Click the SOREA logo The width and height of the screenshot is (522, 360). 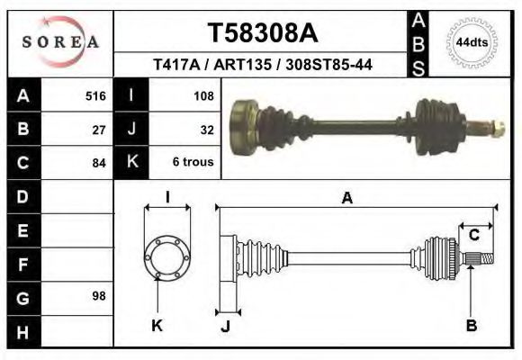click(x=60, y=41)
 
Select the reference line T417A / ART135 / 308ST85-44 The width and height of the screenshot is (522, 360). click(x=263, y=65)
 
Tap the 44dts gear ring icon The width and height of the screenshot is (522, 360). click(x=472, y=42)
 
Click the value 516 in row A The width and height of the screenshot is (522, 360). click(x=95, y=95)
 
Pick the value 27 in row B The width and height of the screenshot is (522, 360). click(x=99, y=129)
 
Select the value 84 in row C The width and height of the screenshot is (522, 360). click(x=99, y=163)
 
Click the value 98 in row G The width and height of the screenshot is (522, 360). click(x=99, y=295)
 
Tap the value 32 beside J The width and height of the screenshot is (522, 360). click(x=205, y=129)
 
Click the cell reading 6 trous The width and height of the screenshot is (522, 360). click(x=192, y=163)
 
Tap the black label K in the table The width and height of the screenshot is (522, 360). click(x=131, y=162)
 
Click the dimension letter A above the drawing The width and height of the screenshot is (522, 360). click(x=346, y=199)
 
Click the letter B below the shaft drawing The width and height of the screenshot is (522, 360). click(x=471, y=326)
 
